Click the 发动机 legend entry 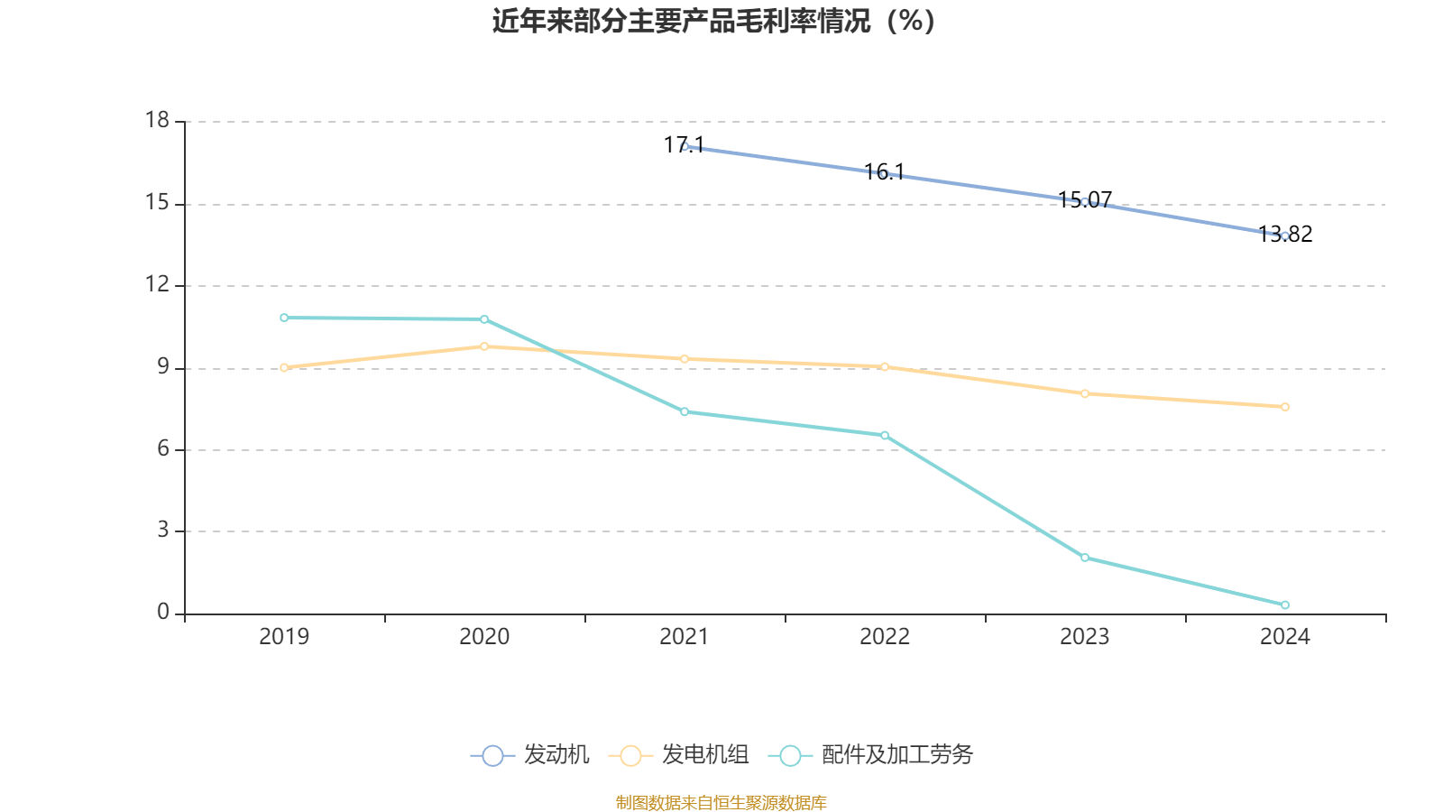[530, 755]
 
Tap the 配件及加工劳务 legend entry [871, 755]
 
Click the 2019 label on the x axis [284, 637]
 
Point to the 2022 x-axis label [885, 637]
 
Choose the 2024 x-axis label [1284, 637]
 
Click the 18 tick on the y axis [158, 121]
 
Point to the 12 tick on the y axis [158, 285]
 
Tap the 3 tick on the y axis [163, 531]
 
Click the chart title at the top [714, 21]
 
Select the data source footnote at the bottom [721, 802]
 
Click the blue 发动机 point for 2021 [685, 146]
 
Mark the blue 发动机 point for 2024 [1285, 236]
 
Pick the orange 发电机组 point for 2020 [484, 346]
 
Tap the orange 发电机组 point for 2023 [1085, 393]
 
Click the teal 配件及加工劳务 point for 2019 [284, 318]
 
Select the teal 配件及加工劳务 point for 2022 [885, 436]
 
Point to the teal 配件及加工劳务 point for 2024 [1285, 605]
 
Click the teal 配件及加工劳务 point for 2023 [1085, 558]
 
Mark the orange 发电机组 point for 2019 [284, 367]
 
